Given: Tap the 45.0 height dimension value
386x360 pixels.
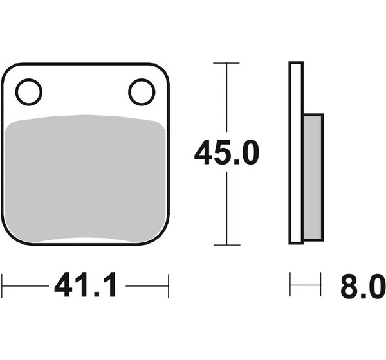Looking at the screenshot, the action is coord(226,152).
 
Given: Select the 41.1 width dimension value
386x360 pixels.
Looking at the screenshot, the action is coord(85,285).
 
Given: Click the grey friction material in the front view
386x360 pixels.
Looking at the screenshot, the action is coord(85,179).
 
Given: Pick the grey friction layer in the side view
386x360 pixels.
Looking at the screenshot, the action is coord(313,177).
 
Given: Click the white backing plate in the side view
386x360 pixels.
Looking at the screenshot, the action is coord(296,153).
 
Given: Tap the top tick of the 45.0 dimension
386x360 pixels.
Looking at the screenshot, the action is coord(226,63).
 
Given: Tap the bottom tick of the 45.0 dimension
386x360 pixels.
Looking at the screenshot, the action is coord(227,245).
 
